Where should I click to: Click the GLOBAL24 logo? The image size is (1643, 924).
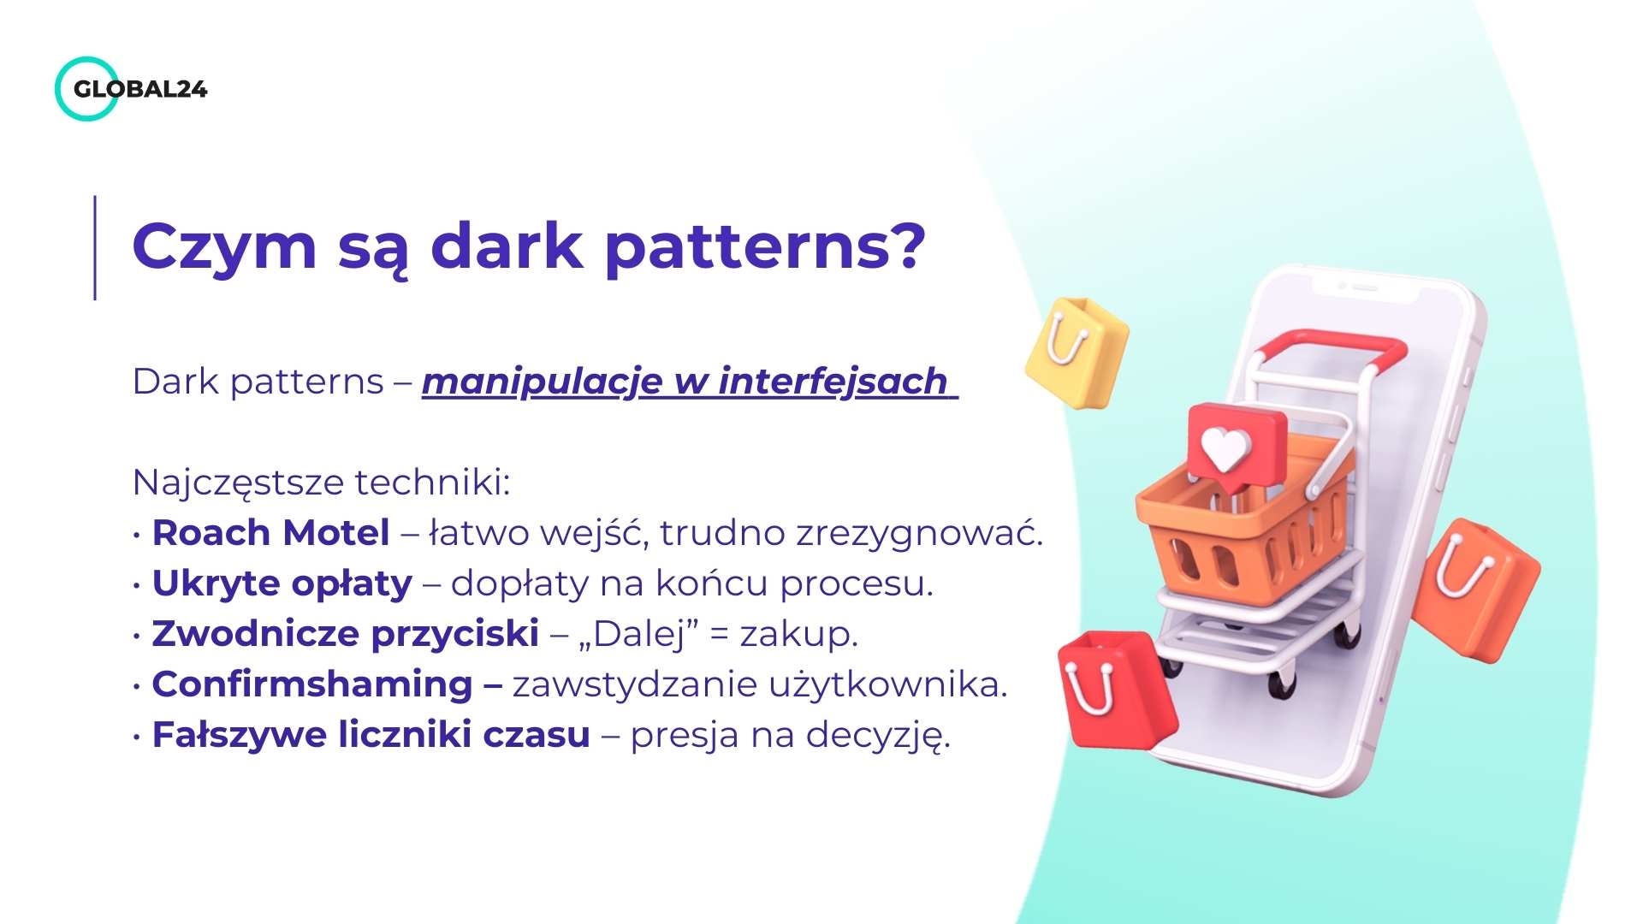tap(131, 89)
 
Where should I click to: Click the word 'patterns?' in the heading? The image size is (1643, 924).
tap(765, 248)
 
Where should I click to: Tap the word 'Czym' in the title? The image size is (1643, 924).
tap(225, 248)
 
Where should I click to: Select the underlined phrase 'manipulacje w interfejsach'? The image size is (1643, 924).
tap(689, 382)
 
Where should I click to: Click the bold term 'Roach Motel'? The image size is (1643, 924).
tap(270, 532)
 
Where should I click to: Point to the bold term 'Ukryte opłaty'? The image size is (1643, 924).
tap(282, 583)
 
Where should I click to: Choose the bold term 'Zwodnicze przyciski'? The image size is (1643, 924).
tap(346, 634)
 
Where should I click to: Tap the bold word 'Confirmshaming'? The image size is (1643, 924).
tap(312, 684)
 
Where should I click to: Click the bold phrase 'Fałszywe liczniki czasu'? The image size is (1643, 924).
tap(371, 735)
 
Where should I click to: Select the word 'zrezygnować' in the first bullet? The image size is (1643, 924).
tap(919, 533)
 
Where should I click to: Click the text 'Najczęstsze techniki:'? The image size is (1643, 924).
tap(322, 483)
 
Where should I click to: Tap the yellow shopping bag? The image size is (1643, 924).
tap(1077, 352)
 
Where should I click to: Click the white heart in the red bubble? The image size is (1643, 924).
tap(1225, 447)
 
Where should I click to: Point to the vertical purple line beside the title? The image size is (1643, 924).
tap(95, 248)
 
